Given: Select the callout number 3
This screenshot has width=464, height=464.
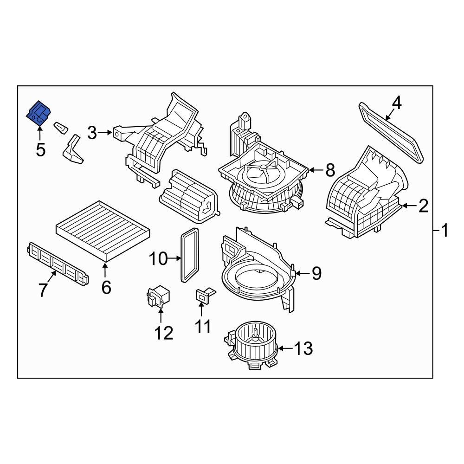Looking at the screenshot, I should point(92,133).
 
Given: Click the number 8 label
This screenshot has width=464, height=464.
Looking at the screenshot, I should point(330,170).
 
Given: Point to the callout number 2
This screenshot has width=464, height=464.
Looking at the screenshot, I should point(423,206).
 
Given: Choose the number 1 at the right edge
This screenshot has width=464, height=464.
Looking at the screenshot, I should point(445,230).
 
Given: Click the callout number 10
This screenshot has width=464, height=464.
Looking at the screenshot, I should point(158,258).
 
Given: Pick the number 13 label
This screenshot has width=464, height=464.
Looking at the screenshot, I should point(303,348).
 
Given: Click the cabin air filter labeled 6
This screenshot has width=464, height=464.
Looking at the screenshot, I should point(103,230).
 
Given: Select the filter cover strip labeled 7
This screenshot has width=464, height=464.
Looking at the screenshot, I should point(58,263).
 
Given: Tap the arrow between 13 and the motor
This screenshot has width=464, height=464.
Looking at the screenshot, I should point(285,348).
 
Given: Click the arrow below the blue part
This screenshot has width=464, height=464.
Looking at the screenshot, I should point(40,133).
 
